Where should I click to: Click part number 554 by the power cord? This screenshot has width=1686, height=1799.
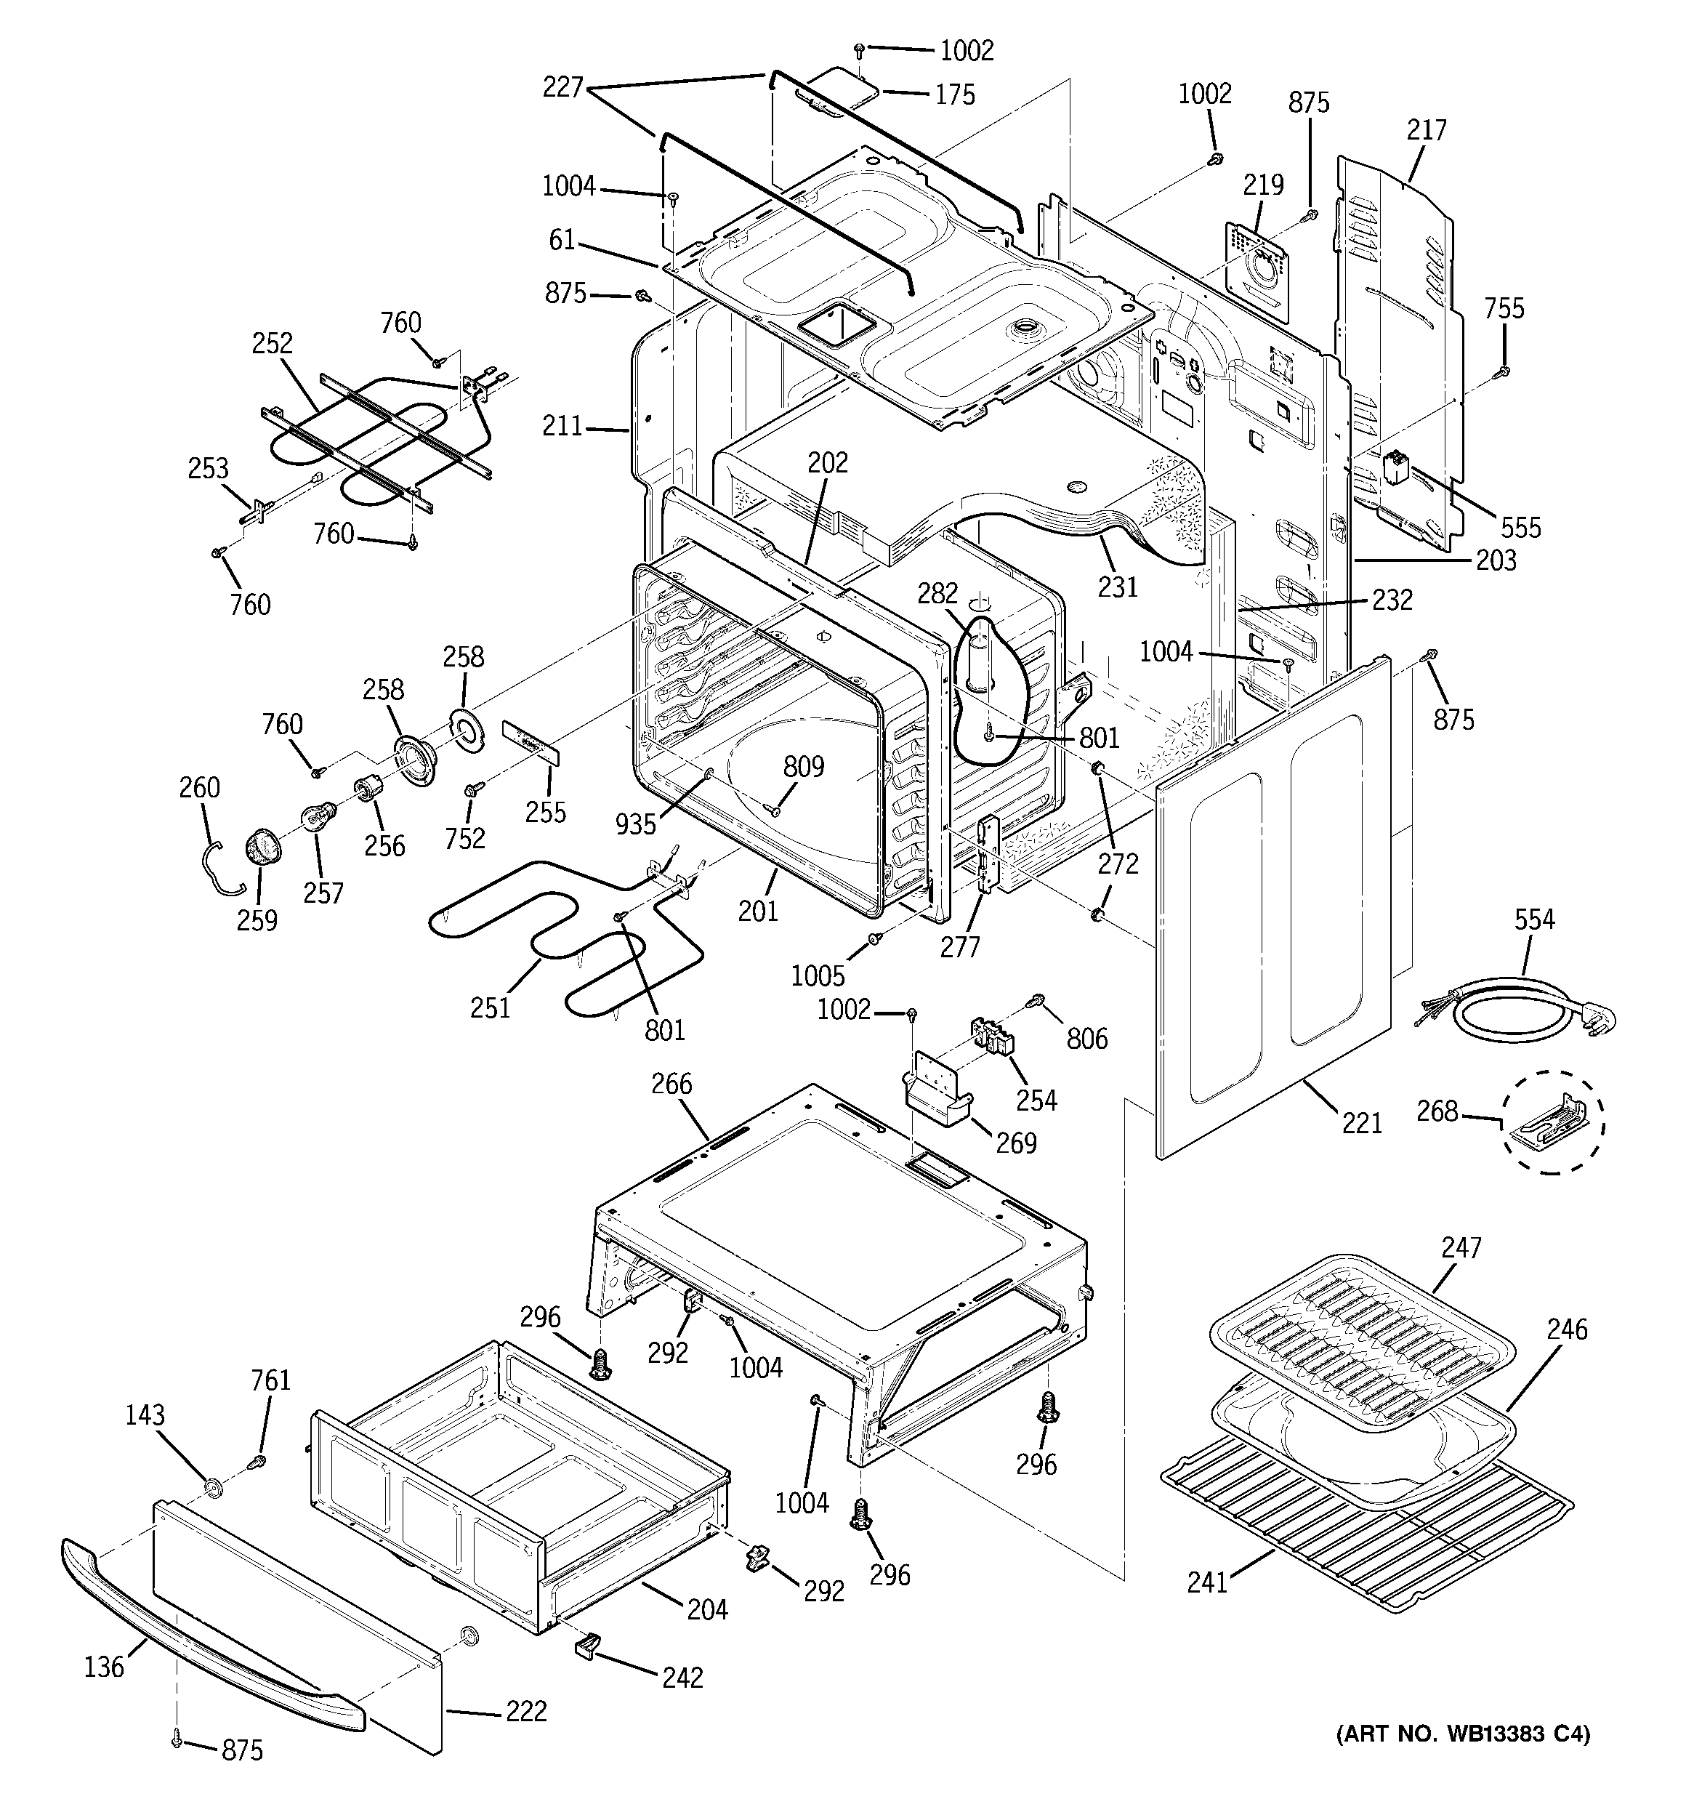1535,919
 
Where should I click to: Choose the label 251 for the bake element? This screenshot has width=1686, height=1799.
491,1007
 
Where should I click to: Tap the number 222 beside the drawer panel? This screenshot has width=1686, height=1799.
527,1711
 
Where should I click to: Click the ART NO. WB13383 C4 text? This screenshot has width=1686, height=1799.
1464,1759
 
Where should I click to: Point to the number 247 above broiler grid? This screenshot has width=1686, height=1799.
1461,1248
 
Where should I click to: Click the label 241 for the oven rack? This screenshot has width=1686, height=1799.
1207,1582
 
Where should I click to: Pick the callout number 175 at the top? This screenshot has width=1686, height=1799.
954,94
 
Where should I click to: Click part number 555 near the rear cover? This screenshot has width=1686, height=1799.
1520,528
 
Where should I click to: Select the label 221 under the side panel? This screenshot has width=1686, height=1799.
1362,1123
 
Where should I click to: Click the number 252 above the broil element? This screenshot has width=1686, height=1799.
273,343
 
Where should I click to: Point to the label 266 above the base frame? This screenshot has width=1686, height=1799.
671,1083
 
